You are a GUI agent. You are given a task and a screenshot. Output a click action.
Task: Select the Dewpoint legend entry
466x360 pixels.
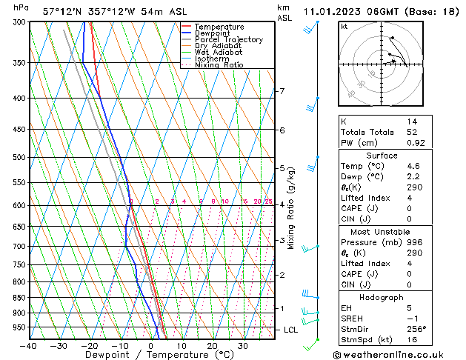pyautogui.click(x=215, y=33)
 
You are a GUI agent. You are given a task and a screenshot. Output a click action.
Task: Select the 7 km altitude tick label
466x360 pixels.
pyautogui.click(x=282, y=91)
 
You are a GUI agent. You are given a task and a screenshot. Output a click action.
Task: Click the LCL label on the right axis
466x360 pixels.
pyautogui.click(x=291, y=330)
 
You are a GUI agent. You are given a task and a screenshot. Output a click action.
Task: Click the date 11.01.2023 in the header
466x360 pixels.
pyautogui.click(x=331, y=11)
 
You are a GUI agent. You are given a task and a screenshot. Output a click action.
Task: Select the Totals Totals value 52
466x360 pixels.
pyautogui.click(x=412, y=131)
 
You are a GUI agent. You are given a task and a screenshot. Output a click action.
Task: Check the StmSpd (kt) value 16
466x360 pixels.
pyautogui.click(x=412, y=341)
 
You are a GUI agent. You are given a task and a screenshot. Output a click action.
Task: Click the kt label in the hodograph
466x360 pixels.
pyautogui.click(x=344, y=27)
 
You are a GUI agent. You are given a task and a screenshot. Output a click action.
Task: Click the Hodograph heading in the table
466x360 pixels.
pyautogui.click(x=382, y=297)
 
